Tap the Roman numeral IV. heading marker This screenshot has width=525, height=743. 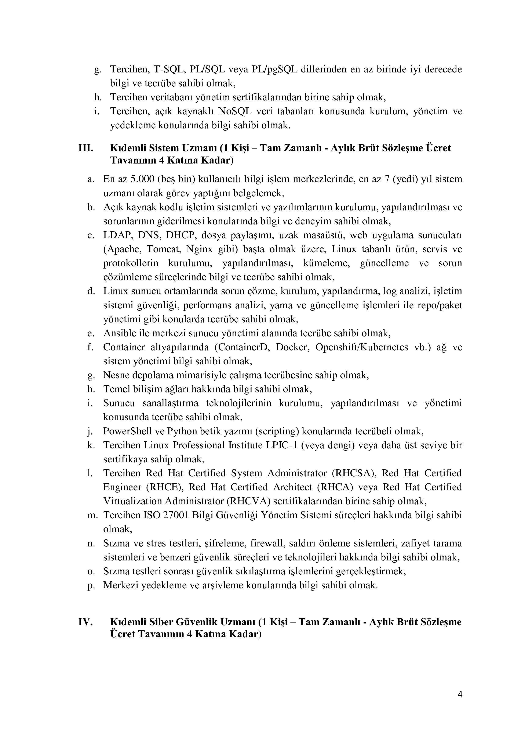pyautogui.click(x=86, y=622)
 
